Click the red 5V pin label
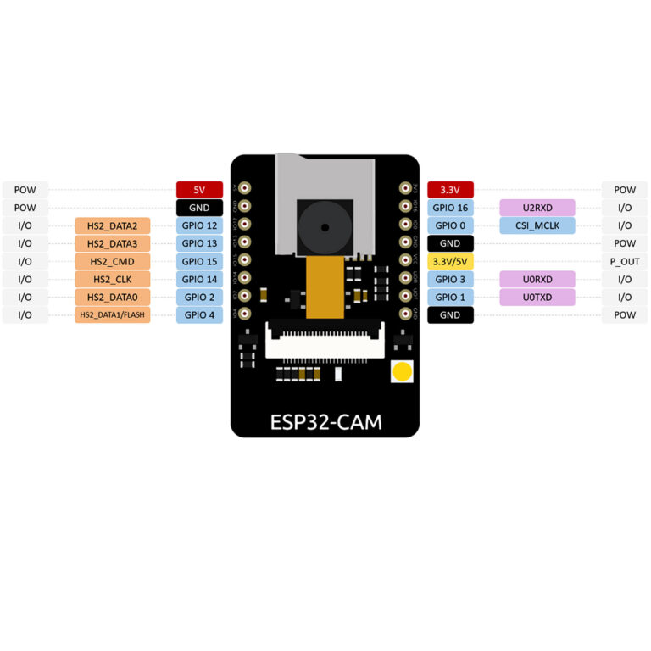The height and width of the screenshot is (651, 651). [199, 190]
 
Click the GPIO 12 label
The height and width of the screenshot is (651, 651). [199, 225]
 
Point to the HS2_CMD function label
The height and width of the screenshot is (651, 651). [112, 261]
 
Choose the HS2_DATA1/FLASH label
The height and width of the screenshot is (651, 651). [112, 315]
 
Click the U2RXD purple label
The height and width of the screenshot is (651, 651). [537, 208]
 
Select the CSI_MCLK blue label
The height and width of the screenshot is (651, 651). [537, 225]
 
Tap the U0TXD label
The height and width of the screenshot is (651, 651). [537, 297]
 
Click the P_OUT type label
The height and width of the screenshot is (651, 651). [625, 261]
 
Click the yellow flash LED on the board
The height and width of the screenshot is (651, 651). [402, 371]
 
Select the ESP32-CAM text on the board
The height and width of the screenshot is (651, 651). [325, 420]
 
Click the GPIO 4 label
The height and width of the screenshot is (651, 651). [199, 315]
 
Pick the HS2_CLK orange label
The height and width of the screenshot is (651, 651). [112, 279]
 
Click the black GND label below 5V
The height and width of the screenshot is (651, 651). [199, 208]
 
